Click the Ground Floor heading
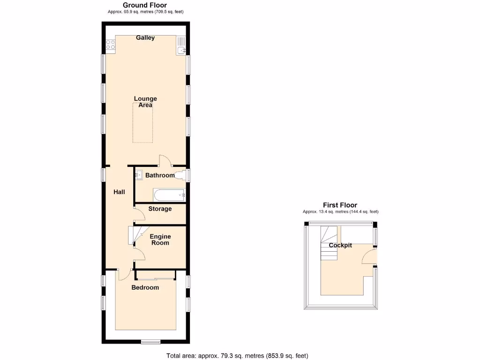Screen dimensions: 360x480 pyautogui.click(x=145, y=5)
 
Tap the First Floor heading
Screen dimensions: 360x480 pyautogui.click(x=340, y=205)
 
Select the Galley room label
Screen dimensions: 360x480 pyautogui.click(x=145, y=38)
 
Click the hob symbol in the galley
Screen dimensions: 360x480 pyautogui.click(x=111, y=45)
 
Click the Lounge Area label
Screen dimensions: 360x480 pyautogui.click(x=145, y=102)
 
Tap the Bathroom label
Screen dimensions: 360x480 pyautogui.click(x=160, y=176)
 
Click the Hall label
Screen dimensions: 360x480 pyautogui.click(x=119, y=192)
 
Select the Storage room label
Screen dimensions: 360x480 pyautogui.click(x=160, y=209)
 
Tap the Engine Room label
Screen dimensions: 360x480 pyautogui.click(x=160, y=240)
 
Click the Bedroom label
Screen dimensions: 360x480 pyautogui.click(x=145, y=287)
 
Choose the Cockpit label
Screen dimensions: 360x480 pyautogui.click(x=340, y=246)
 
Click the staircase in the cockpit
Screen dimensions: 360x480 pyautogui.click(x=328, y=243)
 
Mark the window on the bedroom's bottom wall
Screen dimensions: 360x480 pyautogui.click(x=149, y=341)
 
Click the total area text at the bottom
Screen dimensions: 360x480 pyautogui.click(x=237, y=356)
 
